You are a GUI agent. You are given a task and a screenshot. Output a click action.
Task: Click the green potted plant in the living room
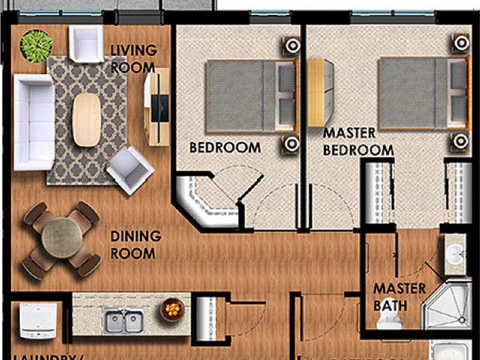coord(34,45)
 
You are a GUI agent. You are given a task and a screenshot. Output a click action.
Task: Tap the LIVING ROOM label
coord(133,58)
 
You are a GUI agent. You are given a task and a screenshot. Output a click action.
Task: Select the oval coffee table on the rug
coord(86,119)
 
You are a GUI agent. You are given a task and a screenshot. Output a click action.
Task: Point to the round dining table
coord(61,237)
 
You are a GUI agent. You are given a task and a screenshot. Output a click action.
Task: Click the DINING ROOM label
coord(136,244)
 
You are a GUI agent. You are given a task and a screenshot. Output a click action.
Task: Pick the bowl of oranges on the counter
coord(172,309)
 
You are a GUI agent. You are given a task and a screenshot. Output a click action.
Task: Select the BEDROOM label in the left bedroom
coord(224,147)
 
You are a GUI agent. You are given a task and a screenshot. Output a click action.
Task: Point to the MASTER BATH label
coord(399,296)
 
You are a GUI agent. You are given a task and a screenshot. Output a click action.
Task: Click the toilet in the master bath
coord(389,321)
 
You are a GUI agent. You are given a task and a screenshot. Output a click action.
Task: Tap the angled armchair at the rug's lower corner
coord(130,169)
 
